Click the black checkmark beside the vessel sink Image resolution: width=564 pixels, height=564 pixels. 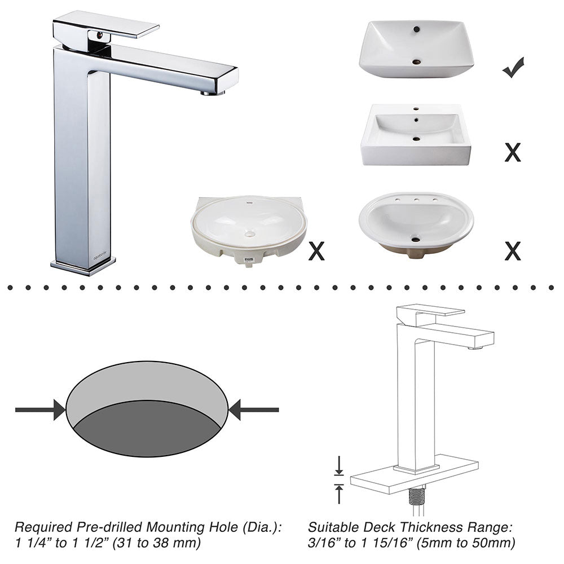[x=513, y=67]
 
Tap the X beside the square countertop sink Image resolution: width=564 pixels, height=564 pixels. [x=513, y=152]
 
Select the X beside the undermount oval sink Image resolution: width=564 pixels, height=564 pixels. [x=316, y=251]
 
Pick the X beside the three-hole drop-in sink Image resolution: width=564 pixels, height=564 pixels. [x=513, y=251]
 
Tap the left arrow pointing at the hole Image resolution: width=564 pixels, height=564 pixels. [x=40, y=409]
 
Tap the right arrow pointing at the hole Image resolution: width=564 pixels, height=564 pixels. [x=254, y=409]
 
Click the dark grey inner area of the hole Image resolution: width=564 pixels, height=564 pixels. [x=147, y=430]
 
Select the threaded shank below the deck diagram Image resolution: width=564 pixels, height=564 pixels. [x=417, y=496]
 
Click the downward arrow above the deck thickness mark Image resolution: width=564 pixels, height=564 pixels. [x=339, y=465]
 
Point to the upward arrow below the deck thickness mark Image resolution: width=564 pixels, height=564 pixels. [x=339, y=494]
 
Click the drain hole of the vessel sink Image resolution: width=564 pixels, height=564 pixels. [x=417, y=62]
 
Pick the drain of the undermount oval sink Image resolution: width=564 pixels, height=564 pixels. [x=249, y=234]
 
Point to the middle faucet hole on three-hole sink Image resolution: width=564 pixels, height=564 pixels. [x=416, y=200]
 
